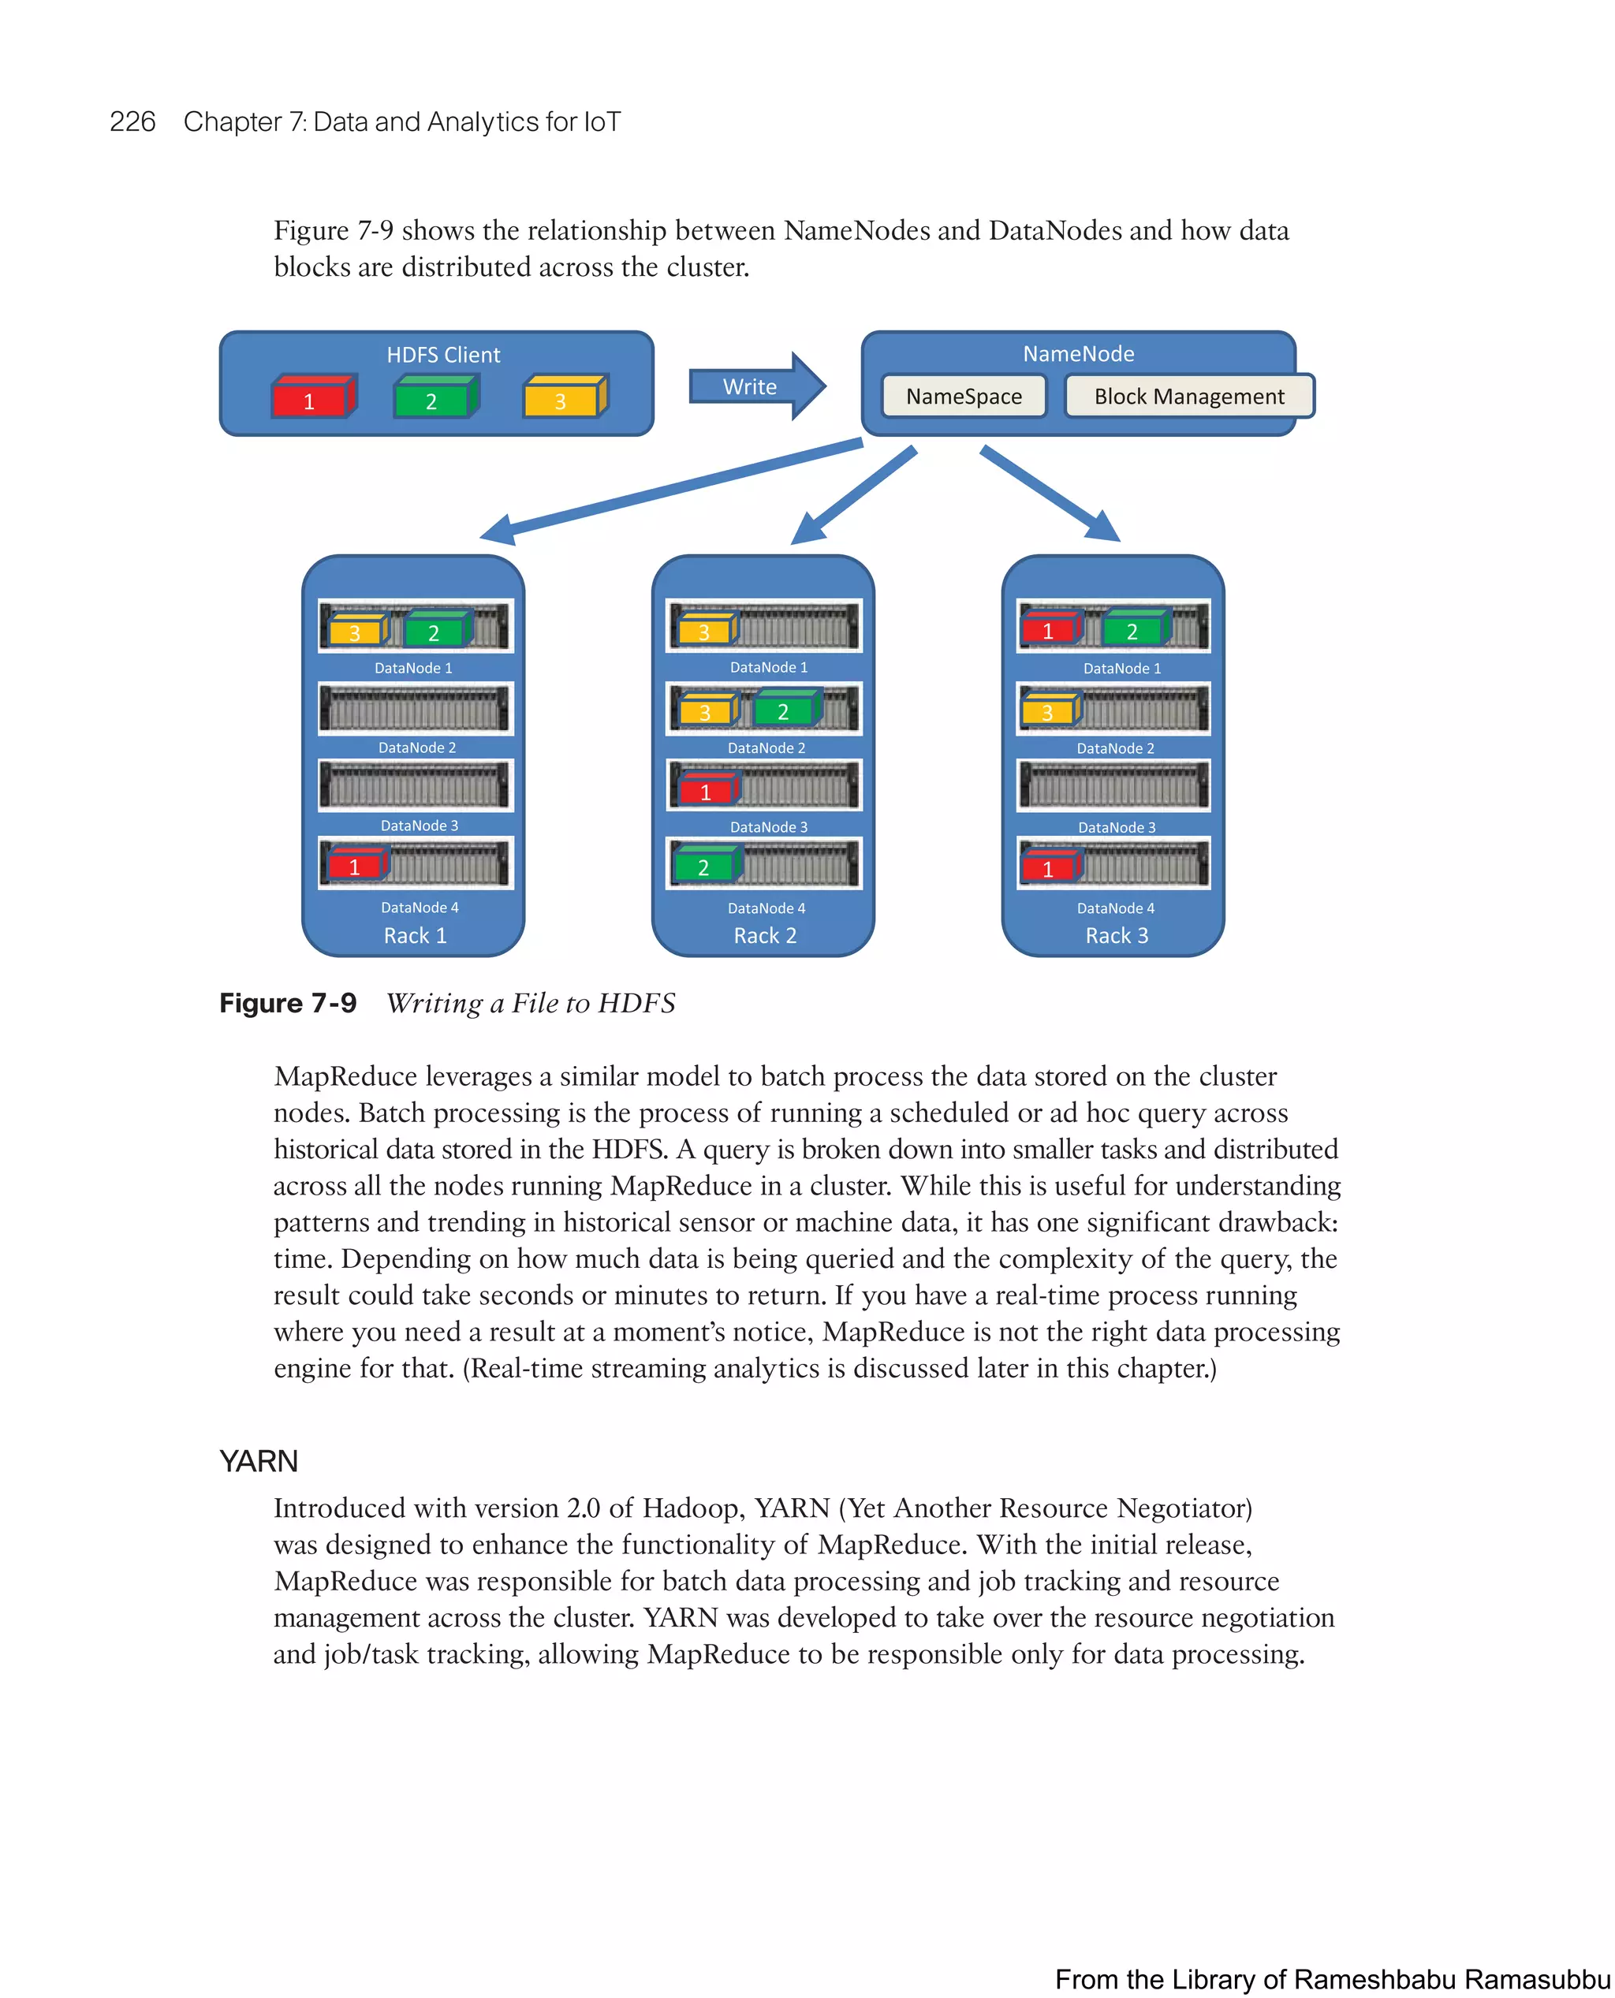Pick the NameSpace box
coord(963,397)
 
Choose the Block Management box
coord(1188,397)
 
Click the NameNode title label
coord(1078,353)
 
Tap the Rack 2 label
coord(765,936)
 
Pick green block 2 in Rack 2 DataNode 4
coord(704,866)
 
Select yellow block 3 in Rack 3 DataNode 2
coord(1049,711)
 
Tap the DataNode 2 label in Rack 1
coord(417,747)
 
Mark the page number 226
coord(132,122)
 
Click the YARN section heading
coord(259,1461)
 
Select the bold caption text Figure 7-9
coord(288,1003)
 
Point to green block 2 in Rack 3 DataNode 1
coord(1133,631)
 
